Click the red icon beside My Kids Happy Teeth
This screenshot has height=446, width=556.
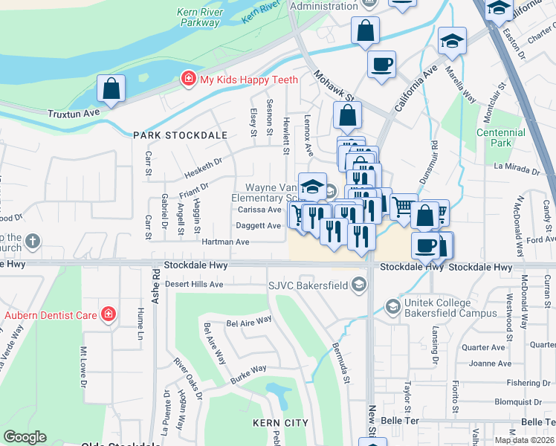pos(189,80)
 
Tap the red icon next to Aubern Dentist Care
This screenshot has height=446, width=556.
pos(109,314)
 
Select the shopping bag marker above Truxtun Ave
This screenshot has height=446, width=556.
pos(111,89)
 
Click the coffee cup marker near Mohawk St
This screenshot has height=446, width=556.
pos(381,64)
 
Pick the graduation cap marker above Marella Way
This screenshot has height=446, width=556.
pos(452,42)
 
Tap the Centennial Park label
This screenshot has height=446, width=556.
pos(501,138)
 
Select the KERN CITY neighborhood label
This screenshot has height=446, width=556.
pos(280,422)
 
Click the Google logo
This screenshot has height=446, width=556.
pos(25,437)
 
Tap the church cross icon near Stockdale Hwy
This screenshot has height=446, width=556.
pos(31,241)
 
